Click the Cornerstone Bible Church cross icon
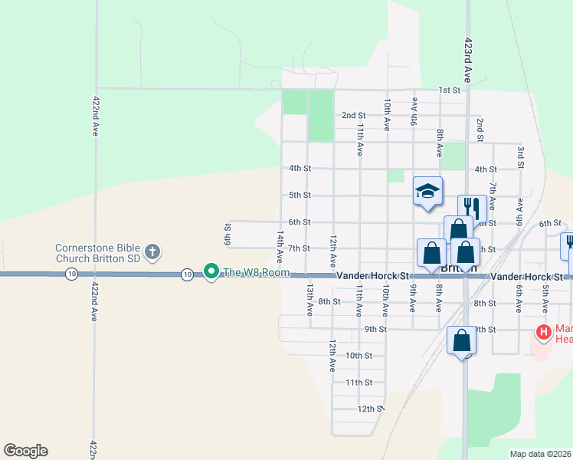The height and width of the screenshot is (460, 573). (x=152, y=251)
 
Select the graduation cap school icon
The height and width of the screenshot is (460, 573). (x=428, y=192)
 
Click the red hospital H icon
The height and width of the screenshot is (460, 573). (x=543, y=333)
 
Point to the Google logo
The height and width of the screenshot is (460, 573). (x=25, y=451)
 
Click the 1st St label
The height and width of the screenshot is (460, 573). (x=449, y=90)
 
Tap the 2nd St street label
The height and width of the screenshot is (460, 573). (x=353, y=116)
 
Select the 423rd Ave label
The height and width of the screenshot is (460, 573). (x=467, y=60)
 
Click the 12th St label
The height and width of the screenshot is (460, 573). (x=369, y=409)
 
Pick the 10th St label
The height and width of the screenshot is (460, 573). (x=359, y=356)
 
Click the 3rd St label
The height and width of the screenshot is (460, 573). (x=520, y=156)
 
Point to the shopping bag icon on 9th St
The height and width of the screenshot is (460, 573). (x=462, y=341)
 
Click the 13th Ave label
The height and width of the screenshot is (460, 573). (x=309, y=300)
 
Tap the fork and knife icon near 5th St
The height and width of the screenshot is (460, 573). (x=472, y=207)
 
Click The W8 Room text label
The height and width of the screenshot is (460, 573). (x=257, y=272)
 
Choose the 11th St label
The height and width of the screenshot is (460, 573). (x=359, y=383)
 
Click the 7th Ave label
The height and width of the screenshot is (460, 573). (x=494, y=196)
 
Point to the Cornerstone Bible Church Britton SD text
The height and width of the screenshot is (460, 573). (x=97, y=253)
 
